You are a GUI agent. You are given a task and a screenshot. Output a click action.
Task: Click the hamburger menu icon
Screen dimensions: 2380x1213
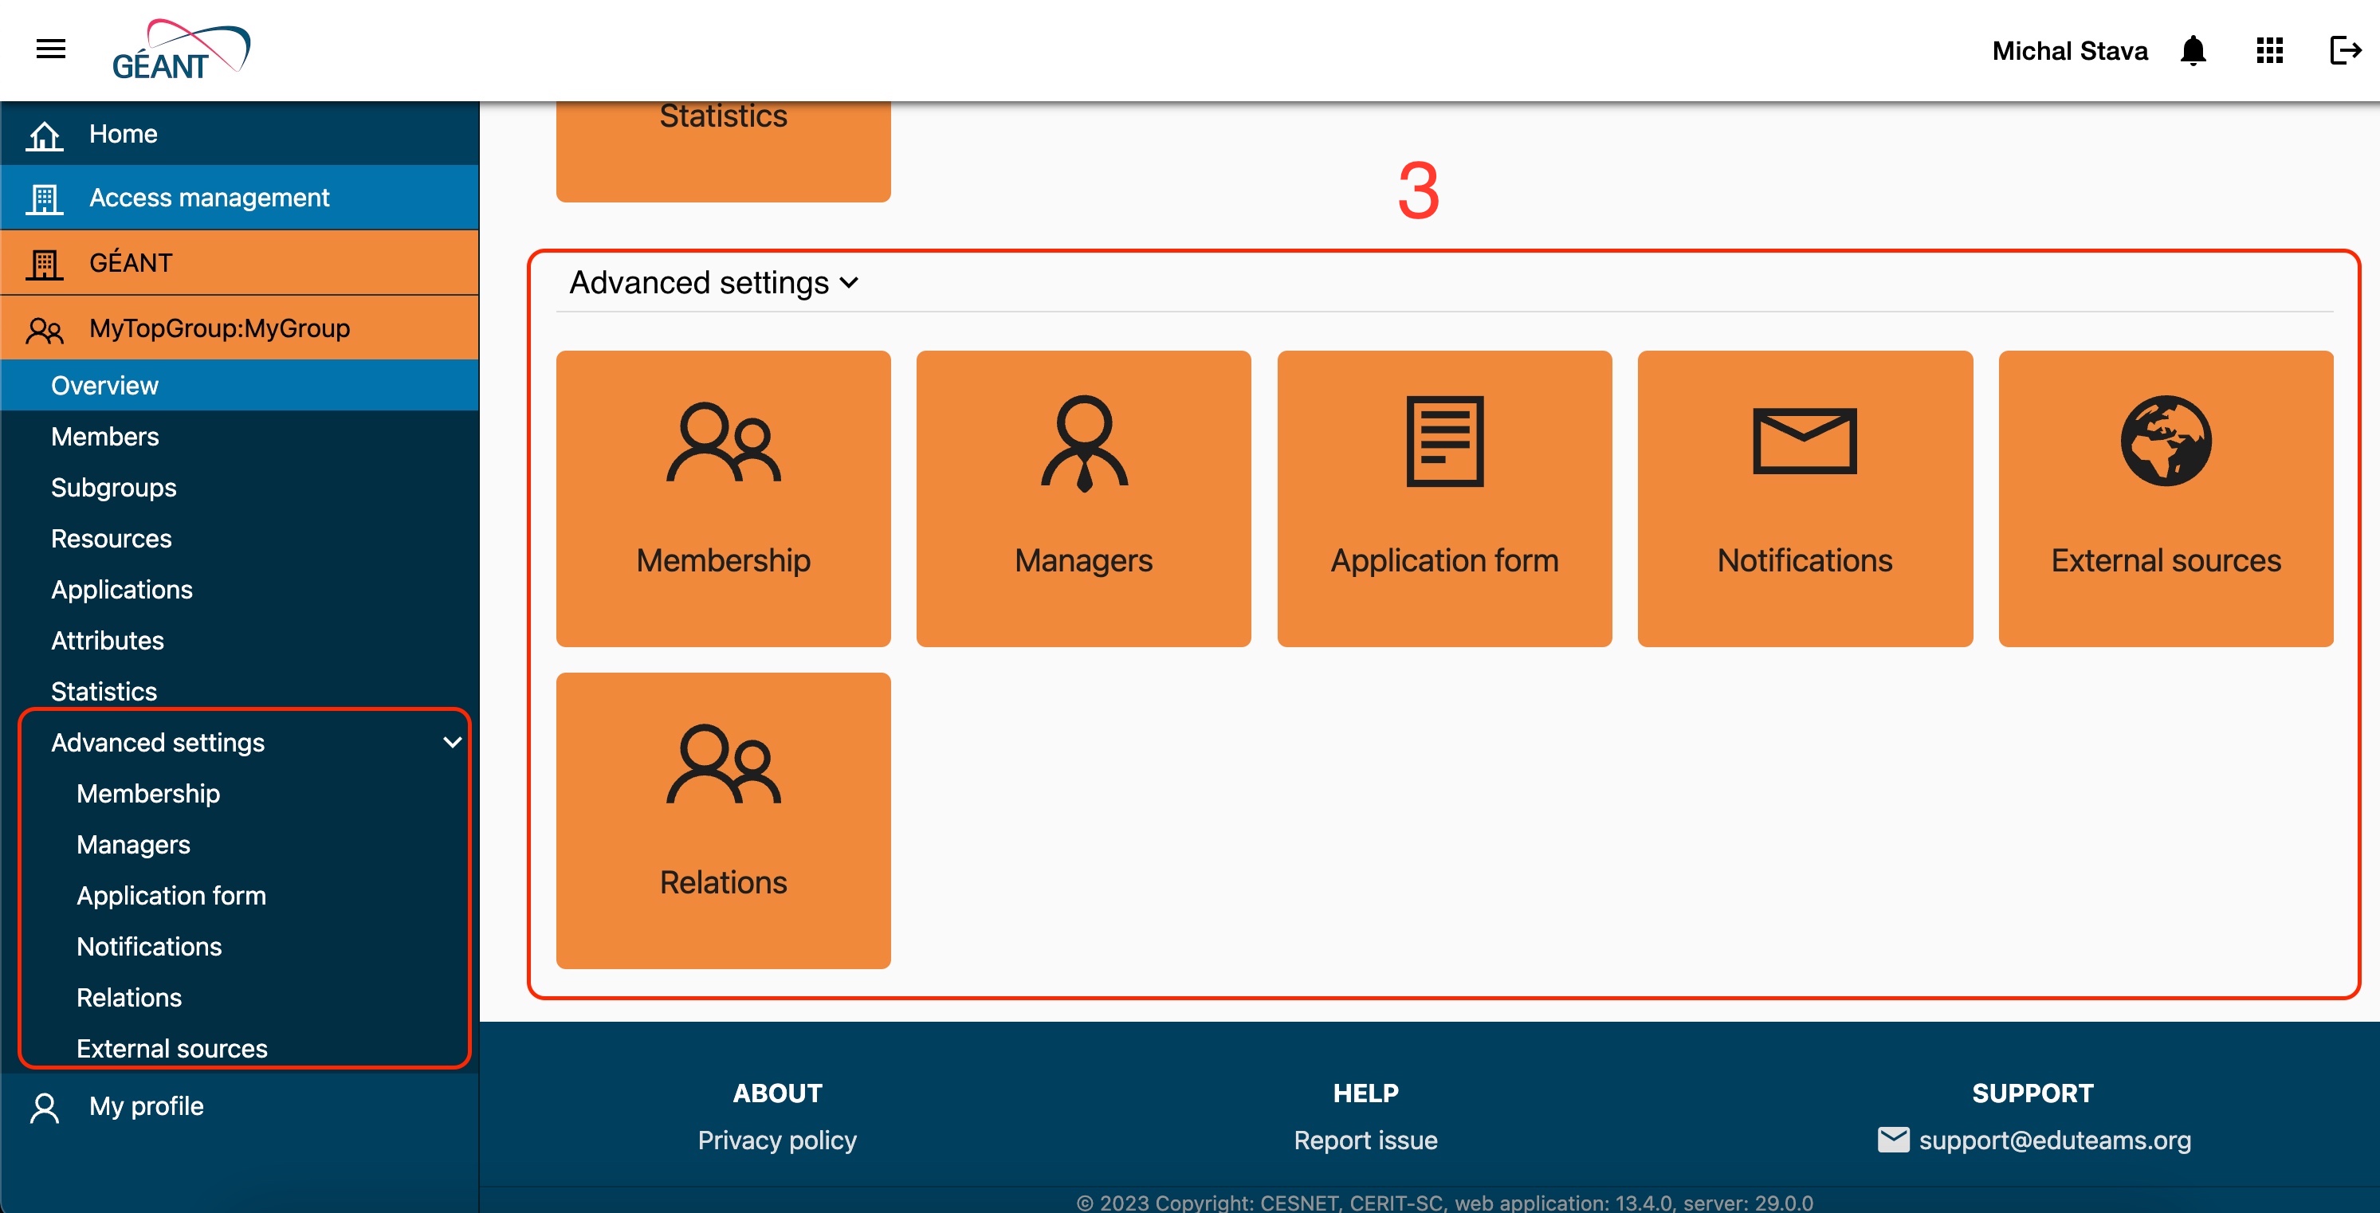coord(51,49)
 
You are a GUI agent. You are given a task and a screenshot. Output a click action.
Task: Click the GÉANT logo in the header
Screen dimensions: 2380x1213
coord(181,50)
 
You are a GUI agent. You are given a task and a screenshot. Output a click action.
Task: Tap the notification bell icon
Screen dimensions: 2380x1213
coord(2193,50)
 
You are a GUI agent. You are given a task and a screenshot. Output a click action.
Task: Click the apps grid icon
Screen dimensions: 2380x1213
coord(2270,50)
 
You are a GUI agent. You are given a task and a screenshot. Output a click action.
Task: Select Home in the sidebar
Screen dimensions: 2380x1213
coord(124,134)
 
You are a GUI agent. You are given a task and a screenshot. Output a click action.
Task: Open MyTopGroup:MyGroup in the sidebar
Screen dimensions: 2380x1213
coord(220,328)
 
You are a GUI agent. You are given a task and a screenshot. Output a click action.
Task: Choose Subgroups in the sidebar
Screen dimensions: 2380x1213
coord(114,487)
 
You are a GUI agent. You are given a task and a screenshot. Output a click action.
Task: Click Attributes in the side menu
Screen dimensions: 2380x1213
coord(107,640)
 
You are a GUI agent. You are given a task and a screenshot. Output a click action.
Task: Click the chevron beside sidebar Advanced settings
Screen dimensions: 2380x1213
coord(453,742)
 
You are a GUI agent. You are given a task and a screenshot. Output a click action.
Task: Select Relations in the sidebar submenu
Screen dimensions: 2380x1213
coord(129,998)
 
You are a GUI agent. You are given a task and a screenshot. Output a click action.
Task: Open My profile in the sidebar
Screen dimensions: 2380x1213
coord(147,1106)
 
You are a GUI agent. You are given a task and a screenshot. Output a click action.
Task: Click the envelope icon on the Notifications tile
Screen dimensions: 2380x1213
coord(1805,441)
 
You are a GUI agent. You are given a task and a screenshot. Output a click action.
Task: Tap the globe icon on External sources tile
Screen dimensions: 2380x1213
coord(2166,441)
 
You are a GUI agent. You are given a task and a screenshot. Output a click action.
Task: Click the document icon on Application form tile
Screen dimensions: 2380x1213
coord(1445,441)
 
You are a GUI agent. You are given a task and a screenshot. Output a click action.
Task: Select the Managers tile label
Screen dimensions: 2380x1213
coord(1084,561)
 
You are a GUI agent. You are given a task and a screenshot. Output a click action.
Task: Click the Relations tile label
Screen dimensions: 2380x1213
coord(724,882)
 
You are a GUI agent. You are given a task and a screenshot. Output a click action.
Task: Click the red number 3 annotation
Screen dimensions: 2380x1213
coord(1419,191)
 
